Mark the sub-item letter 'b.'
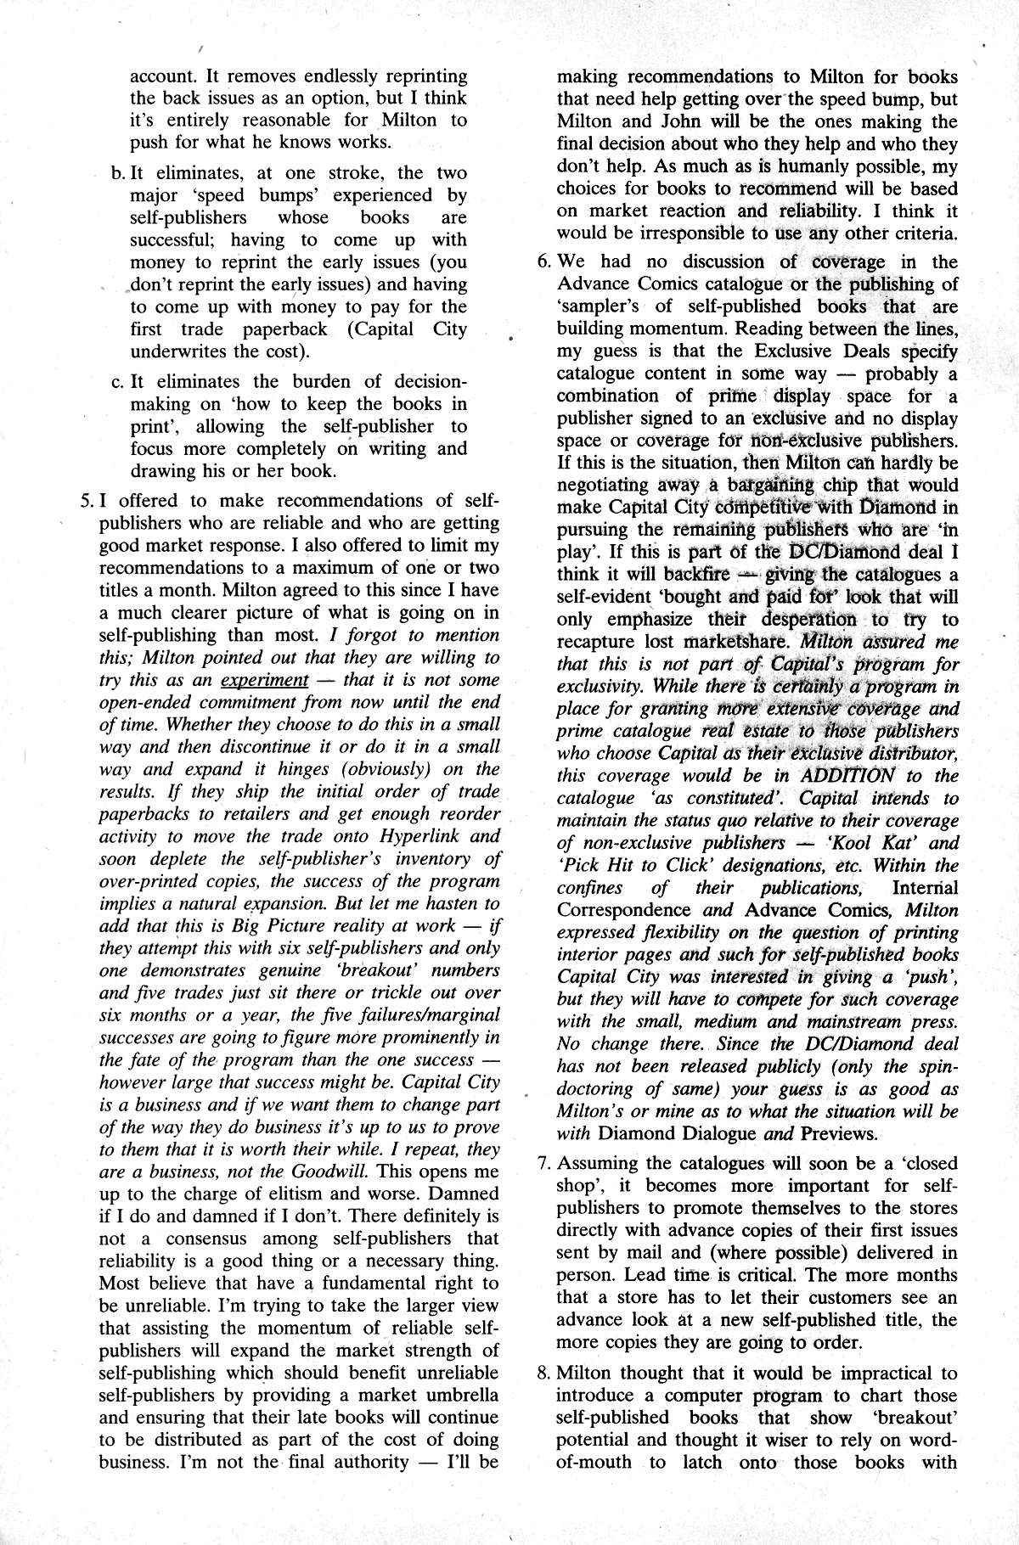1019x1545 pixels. click(118, 173)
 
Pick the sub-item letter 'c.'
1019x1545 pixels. click(118, 382)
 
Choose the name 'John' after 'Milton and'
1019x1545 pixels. click(683, 121)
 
